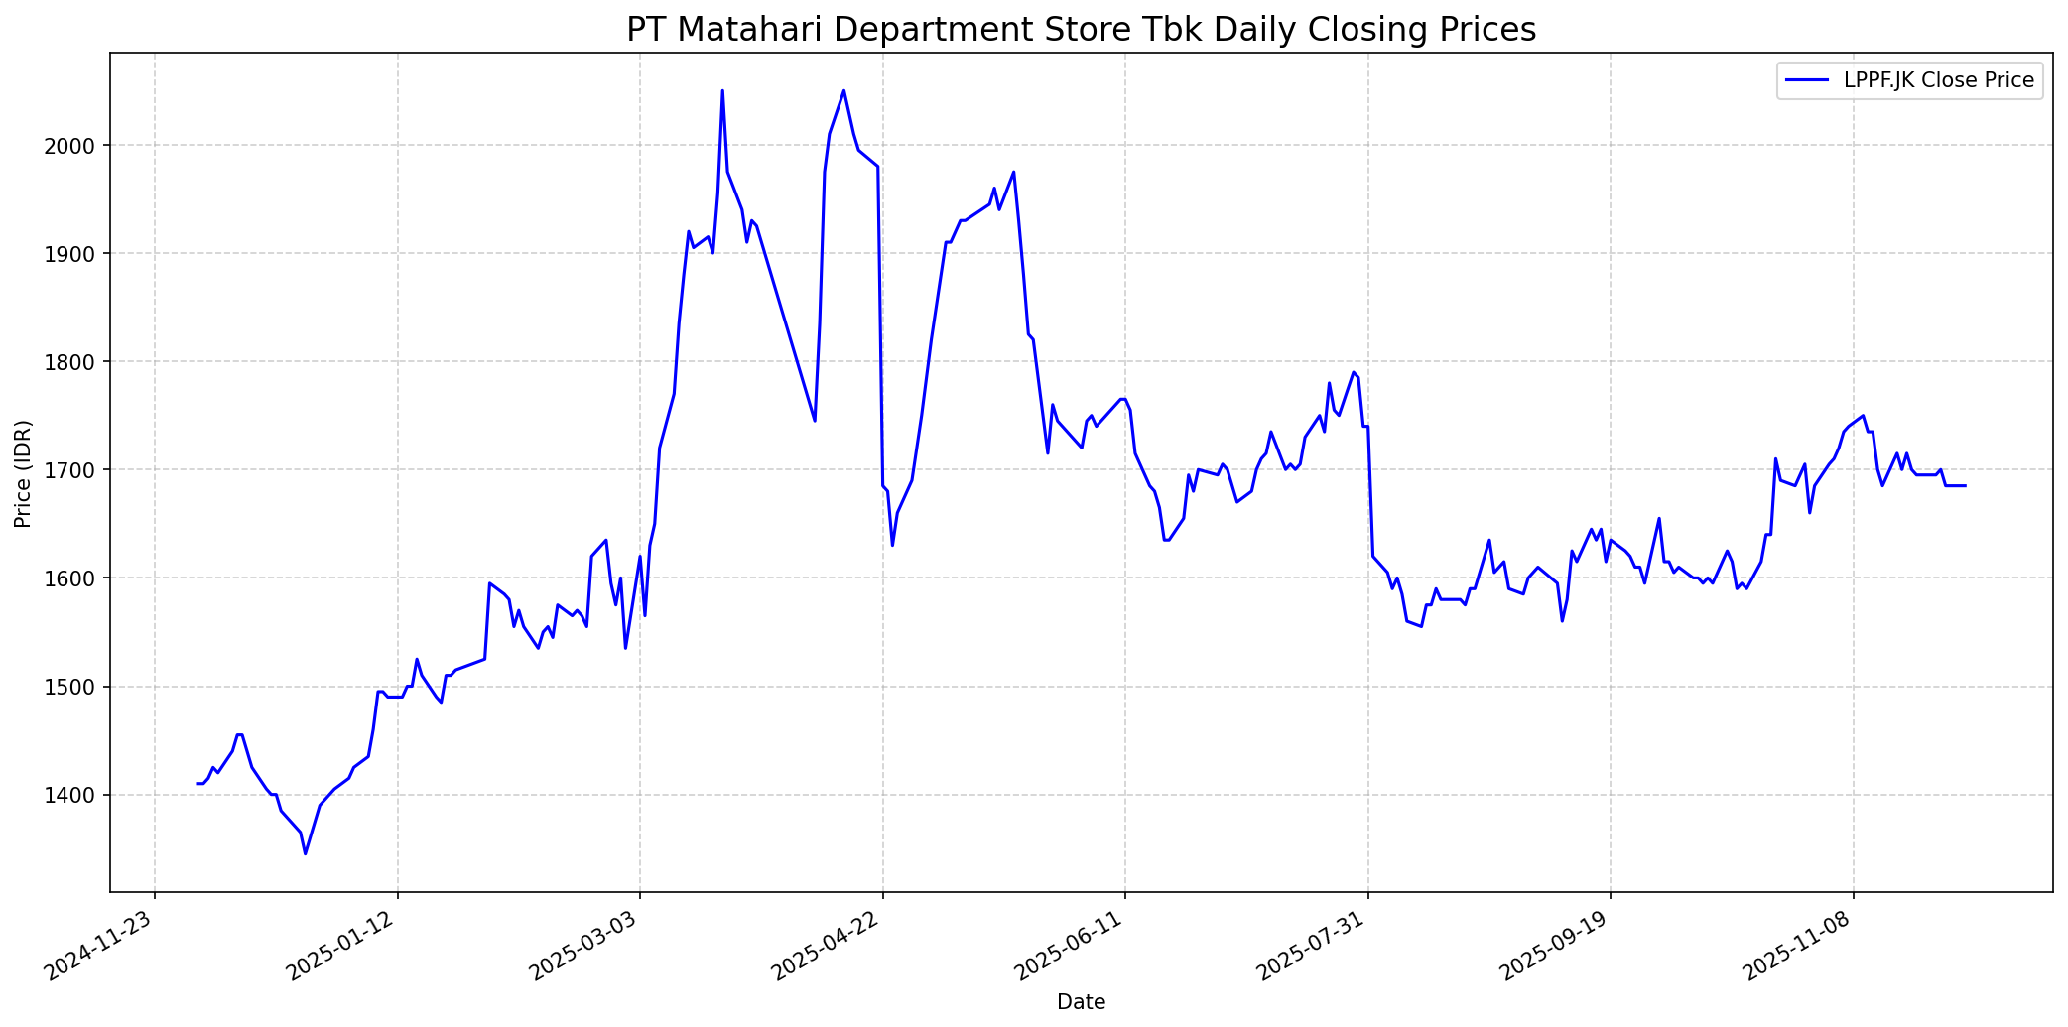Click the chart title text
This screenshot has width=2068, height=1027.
tap(1081, 30)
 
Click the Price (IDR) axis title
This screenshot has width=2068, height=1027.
tap(24, 473)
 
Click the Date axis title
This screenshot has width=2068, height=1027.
tap(1081, 1002)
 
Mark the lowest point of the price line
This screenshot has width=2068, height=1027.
tap(306, 853)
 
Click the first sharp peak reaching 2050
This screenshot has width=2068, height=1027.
tap(722, 91)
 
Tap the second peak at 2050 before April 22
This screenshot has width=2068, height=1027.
tap(843, 91)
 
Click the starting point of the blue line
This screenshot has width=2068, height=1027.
tap(198, 784)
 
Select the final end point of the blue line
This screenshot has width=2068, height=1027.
tap(1965, 485)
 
